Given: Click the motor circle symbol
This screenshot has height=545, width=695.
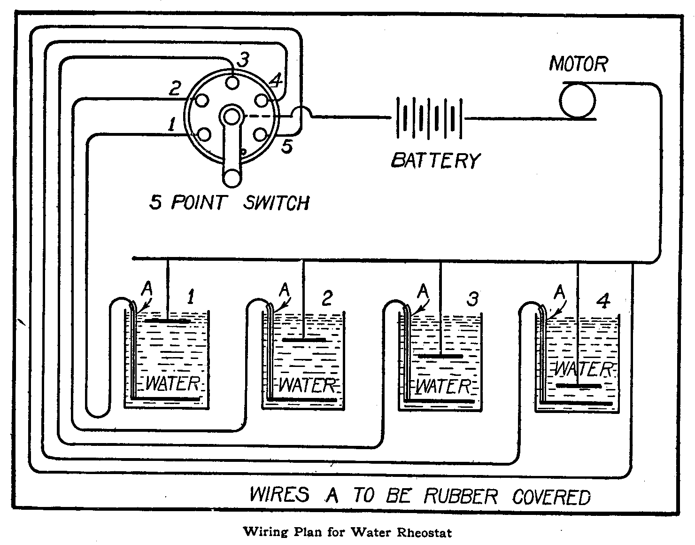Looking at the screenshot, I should coord(577,100).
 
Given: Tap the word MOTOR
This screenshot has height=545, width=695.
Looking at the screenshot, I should coord(579,64).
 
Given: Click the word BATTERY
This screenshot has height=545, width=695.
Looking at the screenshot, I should coord(436,160).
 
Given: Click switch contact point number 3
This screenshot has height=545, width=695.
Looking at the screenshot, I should coord(232,82).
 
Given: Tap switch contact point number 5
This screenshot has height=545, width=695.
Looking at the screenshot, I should coord(260,135).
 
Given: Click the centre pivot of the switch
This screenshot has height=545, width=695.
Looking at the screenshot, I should coord(231,116).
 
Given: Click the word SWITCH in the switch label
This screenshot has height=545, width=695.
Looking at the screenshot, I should coord(277,203).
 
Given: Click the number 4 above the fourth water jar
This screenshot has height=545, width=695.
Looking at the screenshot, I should coord(603,301).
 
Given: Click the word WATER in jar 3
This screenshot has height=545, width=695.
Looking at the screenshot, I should coord(443,387).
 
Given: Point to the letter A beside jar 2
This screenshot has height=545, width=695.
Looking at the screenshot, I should coord(284,290).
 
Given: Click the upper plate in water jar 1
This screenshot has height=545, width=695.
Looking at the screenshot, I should coord(168,321).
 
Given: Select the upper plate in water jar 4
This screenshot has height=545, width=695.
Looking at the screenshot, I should coord(579,386).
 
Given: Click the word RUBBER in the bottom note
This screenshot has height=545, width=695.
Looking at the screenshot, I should coord(460,497).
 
